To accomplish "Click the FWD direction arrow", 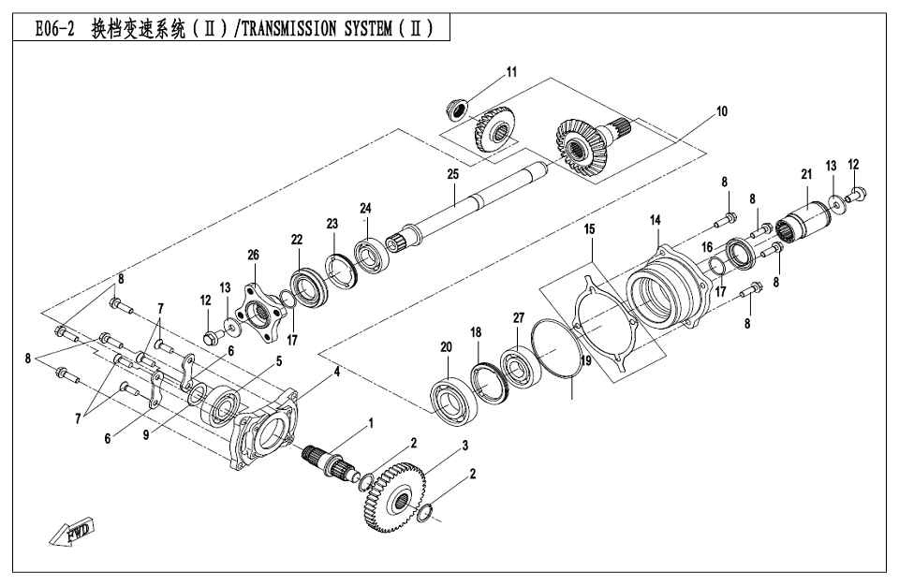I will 75,533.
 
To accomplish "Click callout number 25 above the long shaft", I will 453,175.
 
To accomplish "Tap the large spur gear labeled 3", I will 395,496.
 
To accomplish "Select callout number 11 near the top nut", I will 511,71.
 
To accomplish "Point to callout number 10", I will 721,111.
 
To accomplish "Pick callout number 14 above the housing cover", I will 656,220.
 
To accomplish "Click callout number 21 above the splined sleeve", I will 805,174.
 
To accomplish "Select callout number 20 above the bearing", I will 446,347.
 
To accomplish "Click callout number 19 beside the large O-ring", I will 585,359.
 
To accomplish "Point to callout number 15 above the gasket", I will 590,228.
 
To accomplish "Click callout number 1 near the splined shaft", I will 370,424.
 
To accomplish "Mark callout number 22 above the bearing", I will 296,240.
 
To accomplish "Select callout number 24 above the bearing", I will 365,208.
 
